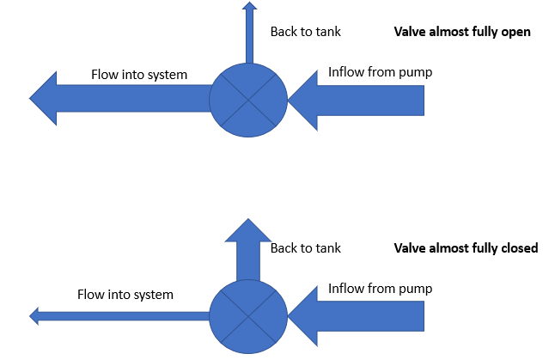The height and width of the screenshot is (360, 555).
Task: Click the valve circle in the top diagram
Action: [x=249, y=100]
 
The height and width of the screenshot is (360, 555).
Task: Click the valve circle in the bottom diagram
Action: [x=249, y=315]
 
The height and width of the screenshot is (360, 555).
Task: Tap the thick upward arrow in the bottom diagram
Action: [x=249, y=249]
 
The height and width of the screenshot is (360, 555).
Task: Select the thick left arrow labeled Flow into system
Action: [x=120, y=100]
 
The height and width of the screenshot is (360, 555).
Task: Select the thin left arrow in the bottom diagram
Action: [x=120, y=316]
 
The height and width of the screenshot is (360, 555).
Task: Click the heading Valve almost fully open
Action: [x=461, y=32]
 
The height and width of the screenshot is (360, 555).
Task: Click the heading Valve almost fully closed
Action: [x=465, y=247]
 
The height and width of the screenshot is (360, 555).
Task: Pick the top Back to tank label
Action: [x=306, y=32]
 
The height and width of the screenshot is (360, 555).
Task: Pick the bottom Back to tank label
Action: [x=306, y=248]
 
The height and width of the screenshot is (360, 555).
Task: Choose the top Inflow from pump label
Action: [x=380, y=72]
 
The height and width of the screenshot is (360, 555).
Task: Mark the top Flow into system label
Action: [x=139, y=74]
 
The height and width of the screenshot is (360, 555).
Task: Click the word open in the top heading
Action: [x=515, y=33]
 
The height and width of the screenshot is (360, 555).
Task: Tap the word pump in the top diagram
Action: [x=416, y=73]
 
